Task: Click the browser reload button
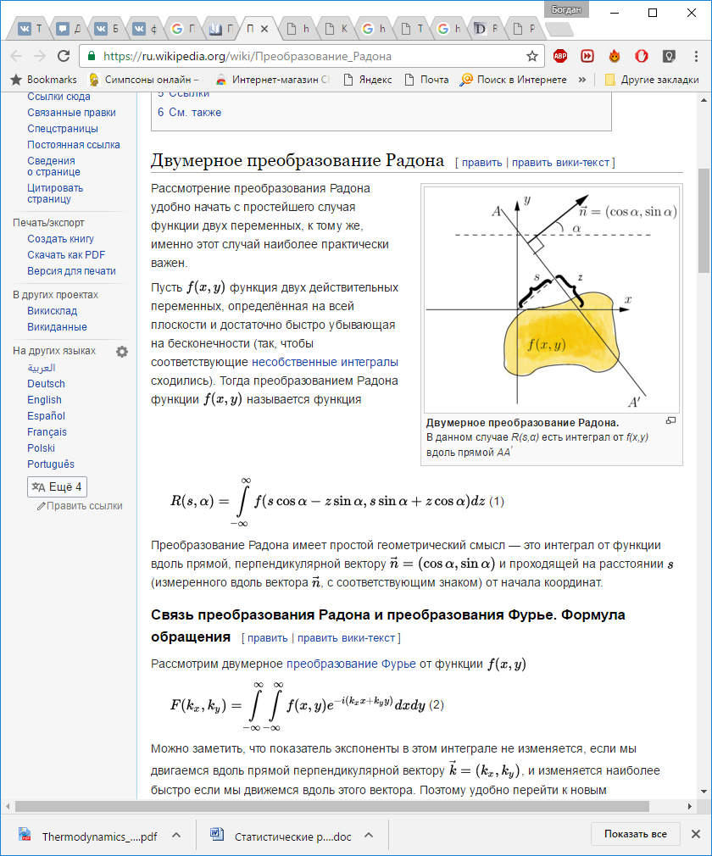click(64, 56)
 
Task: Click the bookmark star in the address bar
click(532, 56)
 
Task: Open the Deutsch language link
click(46, 384)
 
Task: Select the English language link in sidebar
click(44, 400)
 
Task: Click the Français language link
click(47, 432)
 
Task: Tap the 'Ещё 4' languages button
click(57, 486)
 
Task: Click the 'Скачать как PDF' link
click(66, 255)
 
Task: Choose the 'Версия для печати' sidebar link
click(71, 271)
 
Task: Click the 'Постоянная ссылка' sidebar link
click(74, 145)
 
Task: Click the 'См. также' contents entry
click(195, 112)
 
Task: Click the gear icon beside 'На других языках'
click(122, 352)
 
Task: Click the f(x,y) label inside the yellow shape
click(546, 344)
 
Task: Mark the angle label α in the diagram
click(576, 227)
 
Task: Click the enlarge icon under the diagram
click(670, 421)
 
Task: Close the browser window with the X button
click(691, 13)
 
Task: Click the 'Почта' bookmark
click(435, 80)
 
